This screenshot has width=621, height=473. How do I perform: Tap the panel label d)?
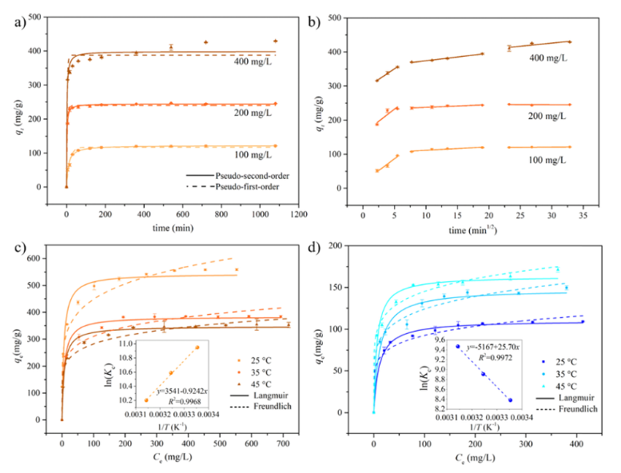316,246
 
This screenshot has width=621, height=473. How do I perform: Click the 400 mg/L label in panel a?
253,61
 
